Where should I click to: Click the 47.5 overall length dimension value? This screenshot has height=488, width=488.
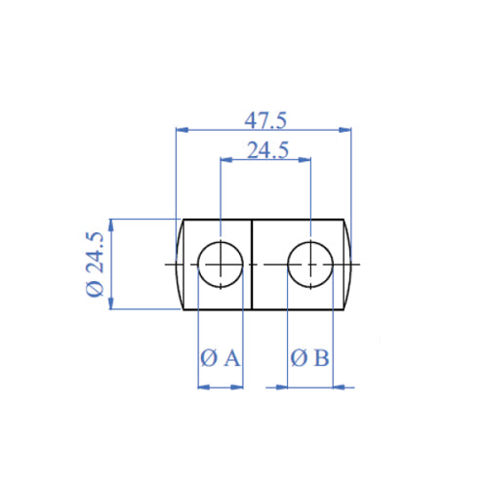coord(264,120)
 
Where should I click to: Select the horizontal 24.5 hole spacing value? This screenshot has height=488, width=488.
coord(266,150)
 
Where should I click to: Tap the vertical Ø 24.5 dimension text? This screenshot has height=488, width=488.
coord(95,264)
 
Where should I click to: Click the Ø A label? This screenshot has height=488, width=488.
coord(220,358)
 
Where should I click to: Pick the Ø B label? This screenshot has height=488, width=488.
coord(310,358)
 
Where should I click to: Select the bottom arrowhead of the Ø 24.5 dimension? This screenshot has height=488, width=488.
coord(112,305)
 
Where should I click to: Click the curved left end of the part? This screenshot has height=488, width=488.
coord(179,264)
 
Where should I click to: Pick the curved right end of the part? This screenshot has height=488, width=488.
coord(348,264)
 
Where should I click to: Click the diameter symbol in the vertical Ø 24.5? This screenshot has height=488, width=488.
coord(95,290)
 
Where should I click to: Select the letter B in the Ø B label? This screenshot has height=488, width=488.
coord(321,358)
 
